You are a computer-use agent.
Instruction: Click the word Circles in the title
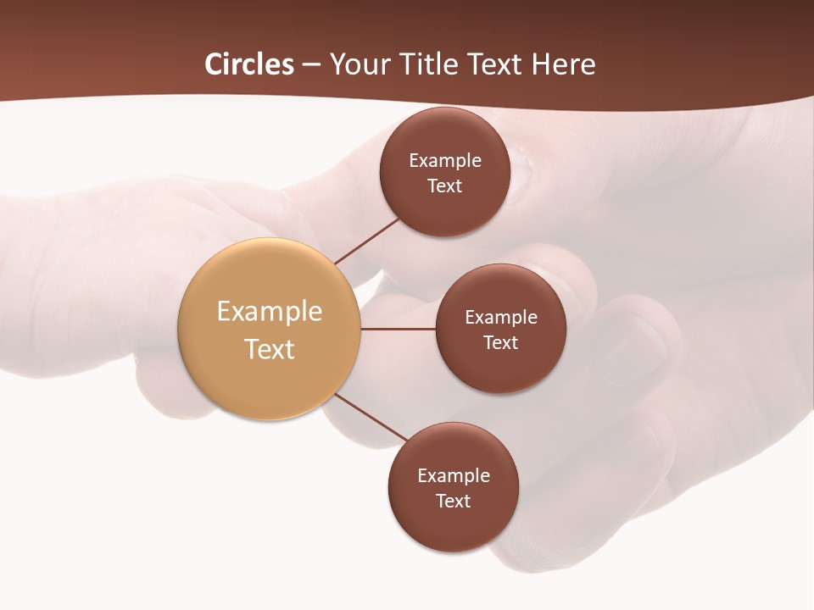coord(249,64)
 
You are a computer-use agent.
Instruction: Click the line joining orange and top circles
coord(367,241)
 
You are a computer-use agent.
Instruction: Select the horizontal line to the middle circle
coord(398,329)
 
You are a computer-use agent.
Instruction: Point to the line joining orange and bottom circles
coord(371,417)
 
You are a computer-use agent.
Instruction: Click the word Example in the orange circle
coord(270,312)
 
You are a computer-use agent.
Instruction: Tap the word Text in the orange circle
coord(270,349)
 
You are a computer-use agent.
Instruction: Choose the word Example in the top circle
coord(445,161)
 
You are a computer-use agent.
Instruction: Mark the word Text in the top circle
coord(445,186)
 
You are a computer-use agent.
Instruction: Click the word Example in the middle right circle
coord(501,318)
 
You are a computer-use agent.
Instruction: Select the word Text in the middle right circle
coord(501,343)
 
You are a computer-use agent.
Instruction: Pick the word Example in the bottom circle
coord(454,476)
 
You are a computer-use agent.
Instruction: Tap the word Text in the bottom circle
coord(454,502)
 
